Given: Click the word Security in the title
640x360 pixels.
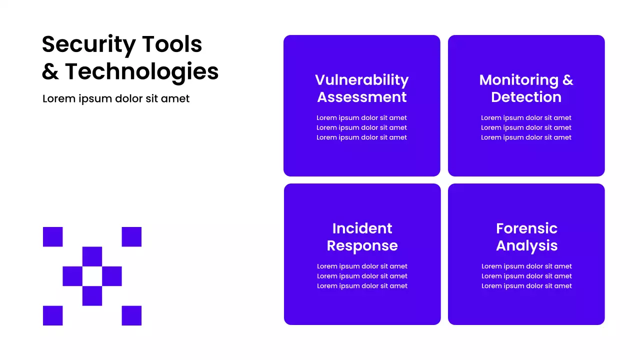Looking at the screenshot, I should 88,45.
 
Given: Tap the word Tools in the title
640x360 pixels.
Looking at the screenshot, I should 172,44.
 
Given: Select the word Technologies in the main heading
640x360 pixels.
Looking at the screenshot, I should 142,71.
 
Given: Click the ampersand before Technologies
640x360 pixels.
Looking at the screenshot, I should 50,71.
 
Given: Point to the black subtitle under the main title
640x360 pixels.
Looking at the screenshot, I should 116,98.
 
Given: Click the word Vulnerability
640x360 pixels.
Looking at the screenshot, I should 361,80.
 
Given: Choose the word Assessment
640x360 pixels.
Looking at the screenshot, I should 361,97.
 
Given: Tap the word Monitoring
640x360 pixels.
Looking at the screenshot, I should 518,80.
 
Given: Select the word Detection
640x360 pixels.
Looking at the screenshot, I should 526,97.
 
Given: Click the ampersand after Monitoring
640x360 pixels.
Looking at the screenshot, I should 567,80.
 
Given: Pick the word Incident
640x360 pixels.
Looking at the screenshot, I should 362,228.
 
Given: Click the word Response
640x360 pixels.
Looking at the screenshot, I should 362,245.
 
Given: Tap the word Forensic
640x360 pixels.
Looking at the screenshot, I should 526,228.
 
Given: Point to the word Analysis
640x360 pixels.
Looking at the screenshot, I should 526,245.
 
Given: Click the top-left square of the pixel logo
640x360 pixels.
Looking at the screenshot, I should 52,236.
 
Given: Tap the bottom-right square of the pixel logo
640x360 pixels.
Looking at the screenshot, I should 131,315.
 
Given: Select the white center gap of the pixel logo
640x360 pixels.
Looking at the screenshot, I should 92,276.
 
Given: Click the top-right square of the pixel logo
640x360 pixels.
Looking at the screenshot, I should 131,236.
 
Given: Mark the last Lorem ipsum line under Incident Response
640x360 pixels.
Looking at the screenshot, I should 362,286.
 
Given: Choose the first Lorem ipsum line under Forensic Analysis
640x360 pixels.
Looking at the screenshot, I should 526,266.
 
